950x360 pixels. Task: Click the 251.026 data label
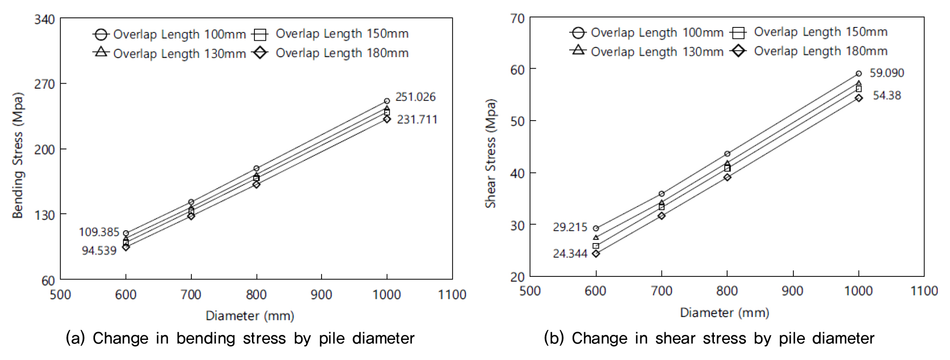415,97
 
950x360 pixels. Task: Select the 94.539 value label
99,250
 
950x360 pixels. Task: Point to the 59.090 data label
887,73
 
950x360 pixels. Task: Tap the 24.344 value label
570,254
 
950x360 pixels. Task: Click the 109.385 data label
99,232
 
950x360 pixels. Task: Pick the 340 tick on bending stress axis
44,20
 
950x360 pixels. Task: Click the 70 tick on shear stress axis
517,19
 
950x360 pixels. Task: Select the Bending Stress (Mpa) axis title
17,155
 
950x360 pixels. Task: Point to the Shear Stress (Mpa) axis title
490,153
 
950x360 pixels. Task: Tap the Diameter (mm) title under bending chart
250,316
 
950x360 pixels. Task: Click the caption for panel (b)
709,338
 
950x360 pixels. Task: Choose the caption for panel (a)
240,338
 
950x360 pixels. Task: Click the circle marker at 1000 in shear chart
859,74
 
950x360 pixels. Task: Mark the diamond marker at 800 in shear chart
727,177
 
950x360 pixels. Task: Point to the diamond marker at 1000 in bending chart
387,119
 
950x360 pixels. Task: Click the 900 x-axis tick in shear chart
792,291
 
